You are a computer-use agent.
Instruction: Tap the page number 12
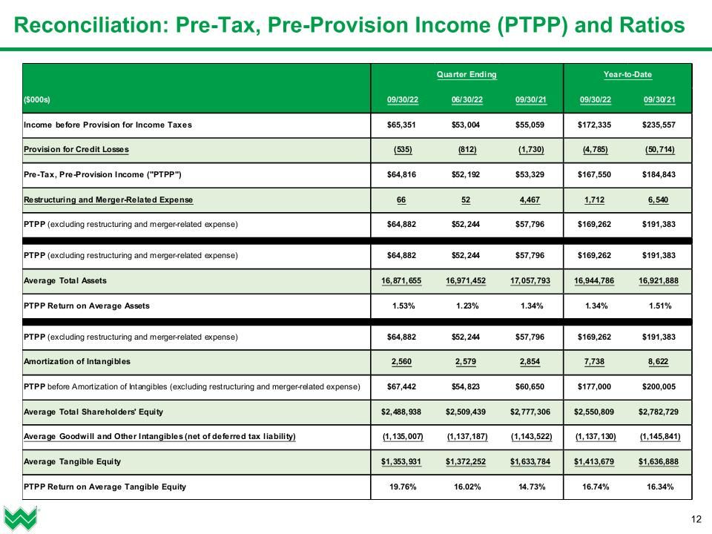click(696, 518)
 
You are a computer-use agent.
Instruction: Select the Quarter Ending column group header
click(467, 75)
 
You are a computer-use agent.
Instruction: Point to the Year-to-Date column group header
click(627, 75)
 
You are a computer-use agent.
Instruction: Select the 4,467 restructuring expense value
click(531, 200)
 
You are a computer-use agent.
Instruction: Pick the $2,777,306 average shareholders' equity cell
click(531, 412)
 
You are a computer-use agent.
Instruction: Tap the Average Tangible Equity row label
click(73, 461)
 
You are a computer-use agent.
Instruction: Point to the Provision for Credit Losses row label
click(76, 150)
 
